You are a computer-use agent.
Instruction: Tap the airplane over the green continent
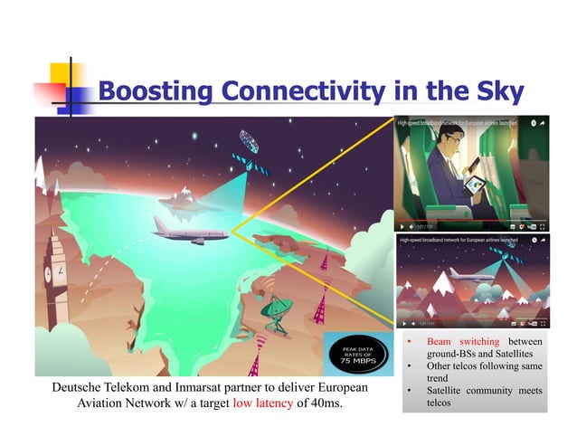tap(188, 234)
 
